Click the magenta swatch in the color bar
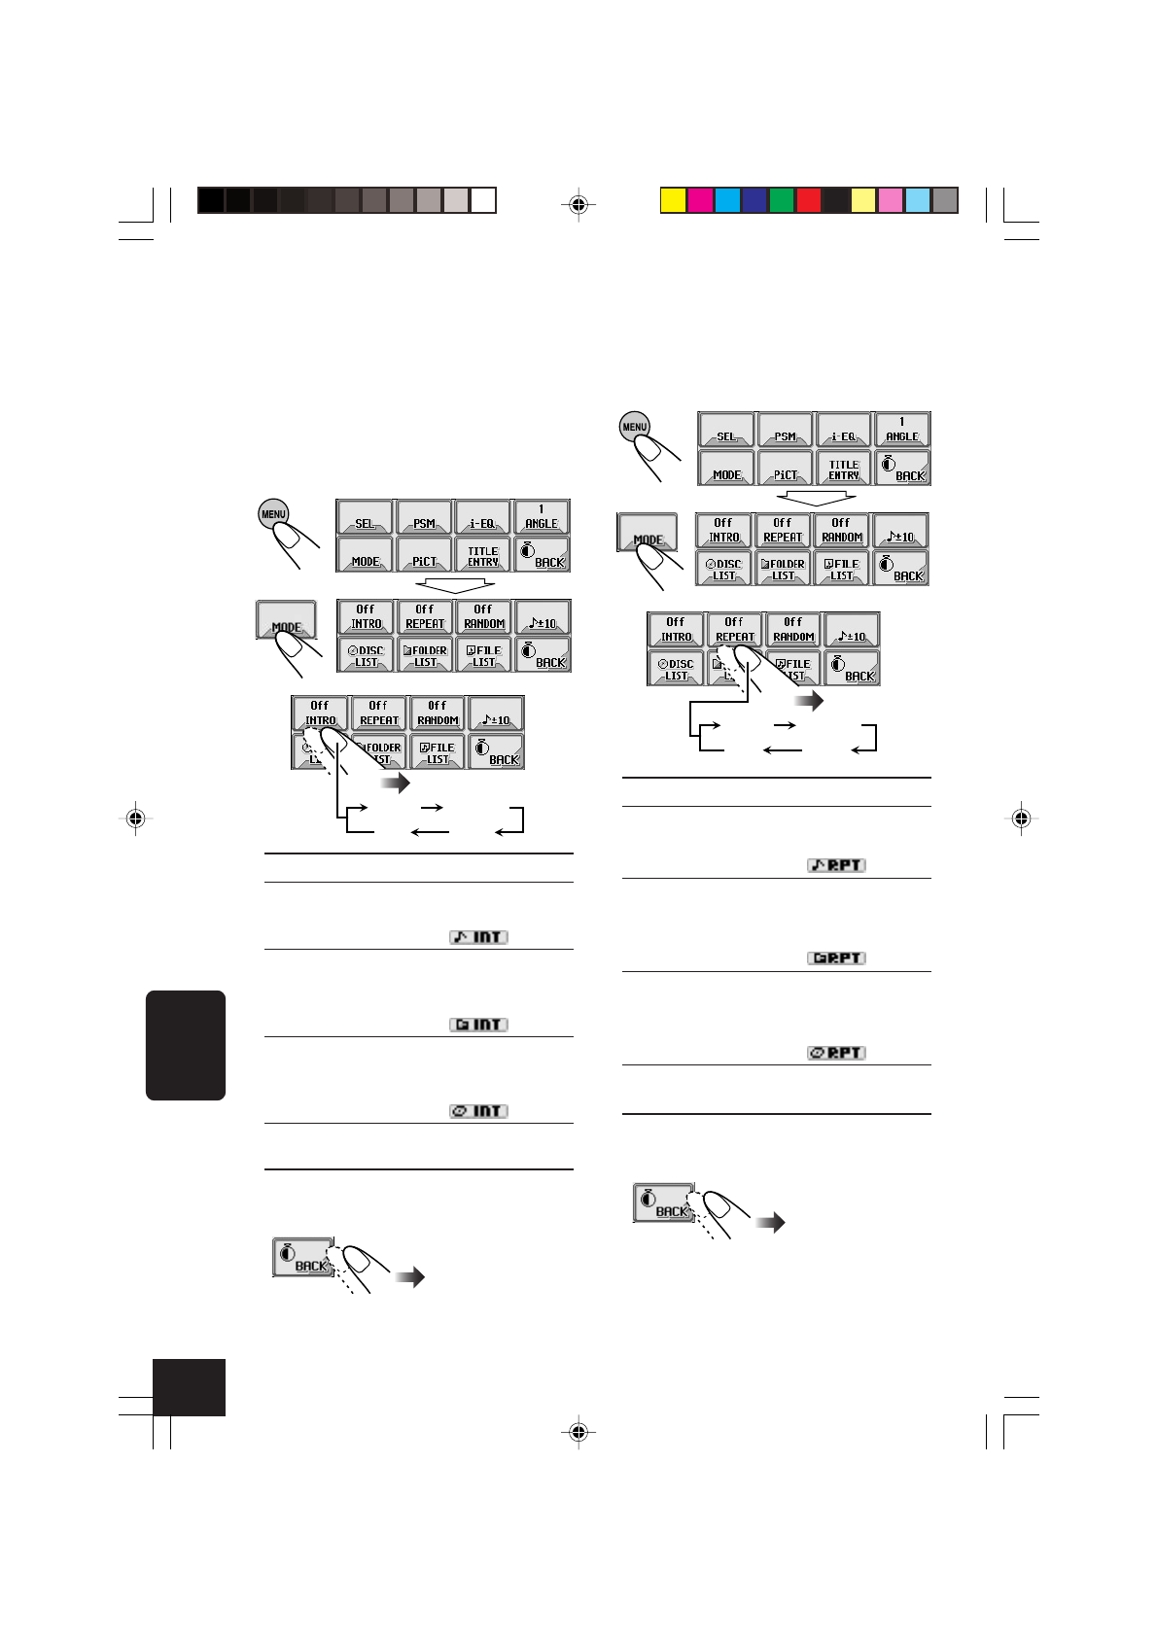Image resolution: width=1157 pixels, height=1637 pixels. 700,200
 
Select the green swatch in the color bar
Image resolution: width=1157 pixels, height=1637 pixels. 782,200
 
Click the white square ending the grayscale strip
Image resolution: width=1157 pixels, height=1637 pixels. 483,200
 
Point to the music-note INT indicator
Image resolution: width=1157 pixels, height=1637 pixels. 478,937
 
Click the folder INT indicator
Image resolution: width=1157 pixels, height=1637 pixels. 478,1025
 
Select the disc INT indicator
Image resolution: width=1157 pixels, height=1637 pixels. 478,1111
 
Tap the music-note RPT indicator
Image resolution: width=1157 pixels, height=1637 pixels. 836,865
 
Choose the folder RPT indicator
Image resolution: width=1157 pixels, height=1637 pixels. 836,958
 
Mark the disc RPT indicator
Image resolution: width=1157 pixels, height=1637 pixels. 836,1053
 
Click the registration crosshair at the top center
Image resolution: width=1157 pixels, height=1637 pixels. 578,205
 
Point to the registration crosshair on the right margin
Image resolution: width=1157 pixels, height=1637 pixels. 1021,818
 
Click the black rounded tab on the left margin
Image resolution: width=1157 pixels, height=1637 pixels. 186,1045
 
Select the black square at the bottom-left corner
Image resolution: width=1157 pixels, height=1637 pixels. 189,1387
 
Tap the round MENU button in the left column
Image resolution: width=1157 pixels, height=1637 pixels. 273,514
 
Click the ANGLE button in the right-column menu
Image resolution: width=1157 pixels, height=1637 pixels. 901,430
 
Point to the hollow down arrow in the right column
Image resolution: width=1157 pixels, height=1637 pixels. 817,498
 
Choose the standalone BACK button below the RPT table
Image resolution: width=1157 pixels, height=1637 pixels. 663,1202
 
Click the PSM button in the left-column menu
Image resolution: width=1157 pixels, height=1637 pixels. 424,517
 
